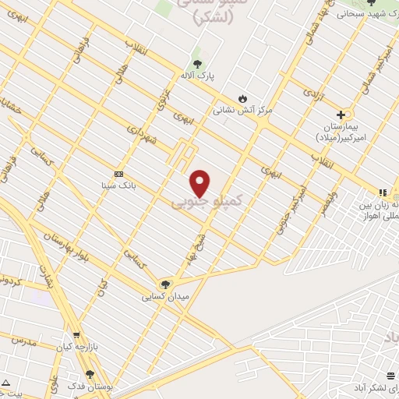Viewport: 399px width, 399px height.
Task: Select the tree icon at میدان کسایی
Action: (164, 284)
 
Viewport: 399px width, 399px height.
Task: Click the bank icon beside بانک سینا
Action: (118, 174)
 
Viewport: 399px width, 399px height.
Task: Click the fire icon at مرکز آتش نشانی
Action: (242, 98)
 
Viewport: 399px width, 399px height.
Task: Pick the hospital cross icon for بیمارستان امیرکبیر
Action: (341, 115)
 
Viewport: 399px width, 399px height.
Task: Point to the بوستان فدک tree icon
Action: (90, 375)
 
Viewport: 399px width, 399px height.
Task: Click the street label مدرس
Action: (23, 341)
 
